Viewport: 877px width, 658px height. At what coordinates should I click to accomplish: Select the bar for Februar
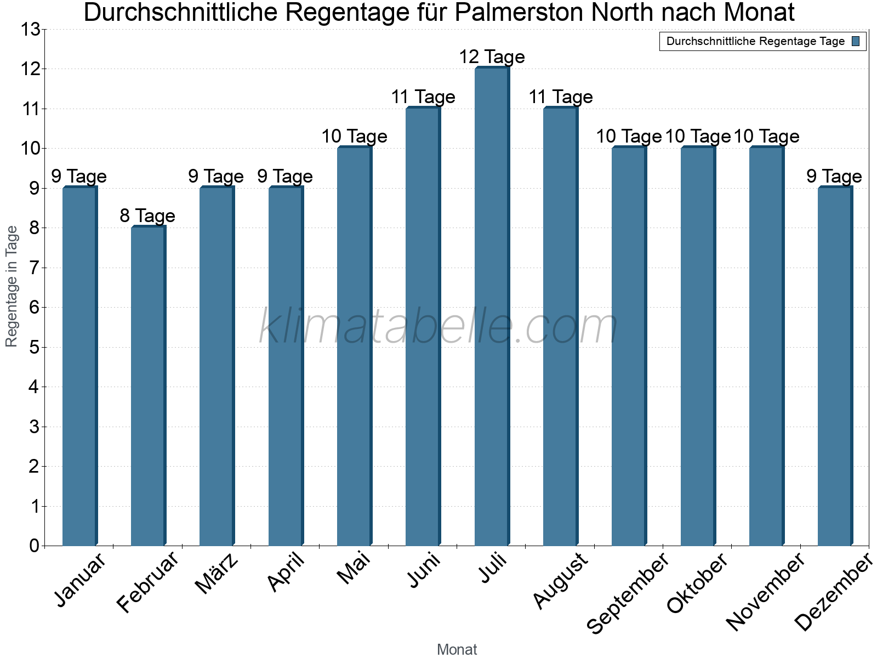click(x=149, y=386)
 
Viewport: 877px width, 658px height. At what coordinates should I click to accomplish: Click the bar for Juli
click(x=492, y=307)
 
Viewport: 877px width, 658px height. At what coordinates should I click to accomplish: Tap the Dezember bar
click(x=835, y=366)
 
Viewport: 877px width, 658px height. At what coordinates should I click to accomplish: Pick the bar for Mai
click(x=355, y=346)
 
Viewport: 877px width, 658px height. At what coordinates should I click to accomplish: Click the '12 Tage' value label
click(x=492, y=56)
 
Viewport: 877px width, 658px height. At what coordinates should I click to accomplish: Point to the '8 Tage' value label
click(x=147, y=216)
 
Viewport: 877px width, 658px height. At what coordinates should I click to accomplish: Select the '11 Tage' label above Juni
click(x=423, y=97)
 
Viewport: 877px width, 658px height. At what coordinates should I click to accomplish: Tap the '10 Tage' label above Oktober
click(x=698, y=137)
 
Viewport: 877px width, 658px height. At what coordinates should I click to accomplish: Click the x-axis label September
click(x=627, y=593)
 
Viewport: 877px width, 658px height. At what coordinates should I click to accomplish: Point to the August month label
click(x=561, y=581)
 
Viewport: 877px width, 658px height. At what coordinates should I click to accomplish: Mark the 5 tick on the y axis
click(x=35, y=348)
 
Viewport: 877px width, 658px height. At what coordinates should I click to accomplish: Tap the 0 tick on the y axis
click(x=35, y=546)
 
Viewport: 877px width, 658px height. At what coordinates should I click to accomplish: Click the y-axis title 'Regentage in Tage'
click(x=11, y=286)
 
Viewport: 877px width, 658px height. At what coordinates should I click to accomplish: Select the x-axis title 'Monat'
click(x=457, y=649)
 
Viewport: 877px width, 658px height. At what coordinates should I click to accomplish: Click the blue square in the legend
click(x=856, y=41)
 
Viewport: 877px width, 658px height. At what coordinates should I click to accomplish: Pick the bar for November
click(x=767, y=346)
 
